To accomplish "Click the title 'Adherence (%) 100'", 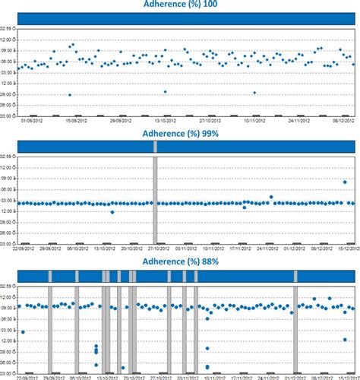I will tap(180, 5).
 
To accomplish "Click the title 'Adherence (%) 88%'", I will tap(180, 261).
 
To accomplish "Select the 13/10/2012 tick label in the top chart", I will tap(167, 120).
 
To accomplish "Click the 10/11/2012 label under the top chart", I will tap(255, 120).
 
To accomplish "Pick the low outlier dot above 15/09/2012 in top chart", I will tap(70, 95).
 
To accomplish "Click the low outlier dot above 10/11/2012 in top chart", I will tap(254, 93).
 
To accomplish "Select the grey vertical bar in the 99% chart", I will tap(155, 200).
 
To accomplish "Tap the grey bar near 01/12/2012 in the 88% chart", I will tap(295, 327).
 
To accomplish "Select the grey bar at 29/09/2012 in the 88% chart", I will tap(51, 327).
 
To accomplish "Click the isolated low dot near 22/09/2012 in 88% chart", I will tap(23, 332).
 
